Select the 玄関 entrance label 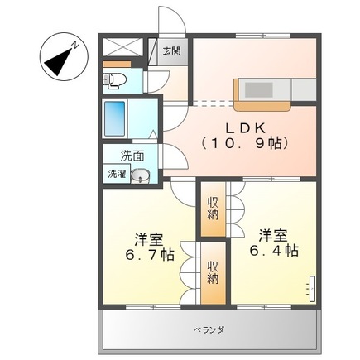click(170, 50)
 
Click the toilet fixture click(113, 79)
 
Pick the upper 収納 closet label click(213, 208)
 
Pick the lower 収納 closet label click(213, 271)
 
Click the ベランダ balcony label click(209, 329)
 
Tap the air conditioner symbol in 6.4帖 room click(313, 288)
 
